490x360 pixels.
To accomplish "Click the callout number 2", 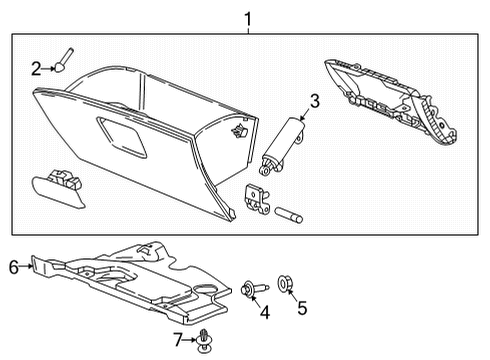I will coord(36,68).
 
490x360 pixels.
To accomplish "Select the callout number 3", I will coord(313,101).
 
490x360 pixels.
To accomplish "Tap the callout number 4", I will coord(264,313).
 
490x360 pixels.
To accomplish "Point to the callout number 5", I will coord(303,310).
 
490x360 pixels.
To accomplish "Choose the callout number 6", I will coord(13,266).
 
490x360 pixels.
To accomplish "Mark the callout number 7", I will coord(178,340).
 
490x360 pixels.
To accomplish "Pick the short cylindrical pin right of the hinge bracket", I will coord(289,212).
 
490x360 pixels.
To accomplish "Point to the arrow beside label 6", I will coord(27,266).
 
